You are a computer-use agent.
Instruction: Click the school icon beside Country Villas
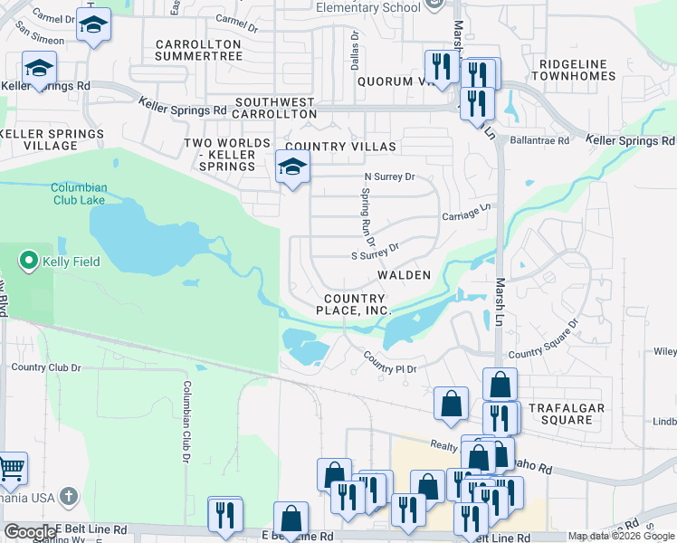292,167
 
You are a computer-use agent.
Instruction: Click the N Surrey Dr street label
388,176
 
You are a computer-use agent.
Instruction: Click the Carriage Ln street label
465,212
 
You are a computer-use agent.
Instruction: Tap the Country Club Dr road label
46,367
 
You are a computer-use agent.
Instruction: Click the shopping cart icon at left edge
11,469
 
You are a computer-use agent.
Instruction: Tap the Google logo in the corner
29,532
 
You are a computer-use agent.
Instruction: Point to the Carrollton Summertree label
198,50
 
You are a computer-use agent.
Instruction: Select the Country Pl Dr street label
390,362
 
